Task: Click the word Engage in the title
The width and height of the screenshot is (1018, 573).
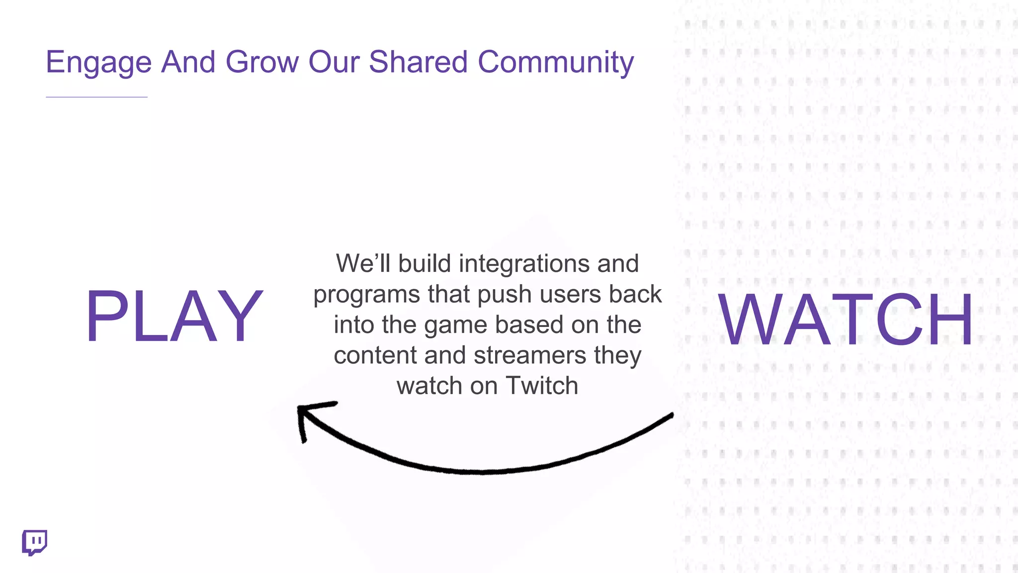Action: pyautogui.click(x=98, y=63)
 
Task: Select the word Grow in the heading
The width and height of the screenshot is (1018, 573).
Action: pyautogui.click(x=262, y=63)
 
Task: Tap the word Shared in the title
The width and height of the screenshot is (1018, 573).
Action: pyautogui.click(x=418, y=63)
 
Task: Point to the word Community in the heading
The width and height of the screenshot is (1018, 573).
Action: pyautogui.click(x=556, y=63)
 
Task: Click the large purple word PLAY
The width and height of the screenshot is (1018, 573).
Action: pyautogui.click(x=174, y=317)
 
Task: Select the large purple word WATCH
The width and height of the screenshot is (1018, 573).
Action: pyautogui.click(x=846, y=320)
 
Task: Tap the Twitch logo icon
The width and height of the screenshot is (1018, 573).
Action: pyautogui.click(x=34, y=542)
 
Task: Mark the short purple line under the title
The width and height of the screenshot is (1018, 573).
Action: pyautogui.click(x=96, y=97)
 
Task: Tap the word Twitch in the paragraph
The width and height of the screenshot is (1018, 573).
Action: pyautogui.click(x=542, y=386)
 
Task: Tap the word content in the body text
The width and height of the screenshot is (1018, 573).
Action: pyautogui.click(x=375, y=355)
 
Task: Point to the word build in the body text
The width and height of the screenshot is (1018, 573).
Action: pyautogui.click(x=424, y=263)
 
